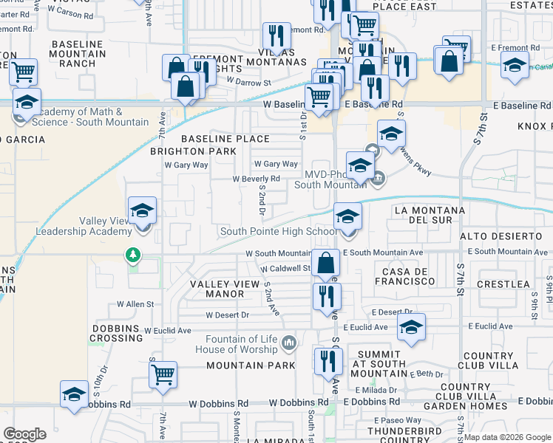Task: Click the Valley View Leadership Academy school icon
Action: coord(142,211)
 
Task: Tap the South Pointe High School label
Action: coord(279,232)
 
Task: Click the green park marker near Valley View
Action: coord(133,255)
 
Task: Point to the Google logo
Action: coord(24,434)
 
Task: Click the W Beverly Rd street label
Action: coord(256,179)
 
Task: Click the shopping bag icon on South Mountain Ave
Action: coord(325,263)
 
